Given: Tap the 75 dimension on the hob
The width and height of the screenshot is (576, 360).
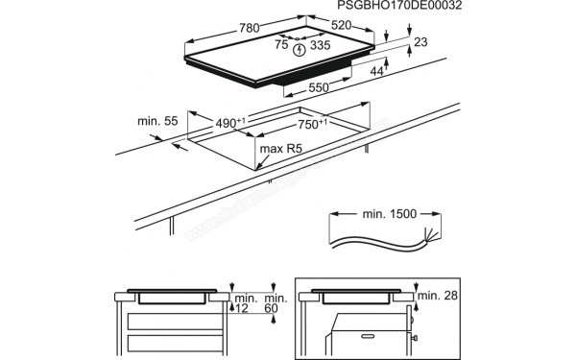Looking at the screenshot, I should (281, 44).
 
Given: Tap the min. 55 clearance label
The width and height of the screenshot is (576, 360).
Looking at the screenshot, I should (156, 121).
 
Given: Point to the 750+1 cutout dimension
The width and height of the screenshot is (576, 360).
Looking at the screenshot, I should (310, 124).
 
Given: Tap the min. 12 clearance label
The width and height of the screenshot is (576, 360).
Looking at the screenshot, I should (245, 304).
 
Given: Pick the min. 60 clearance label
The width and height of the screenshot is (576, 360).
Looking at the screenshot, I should (274, 304).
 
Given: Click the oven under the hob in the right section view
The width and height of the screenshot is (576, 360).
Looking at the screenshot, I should (370, 331).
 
